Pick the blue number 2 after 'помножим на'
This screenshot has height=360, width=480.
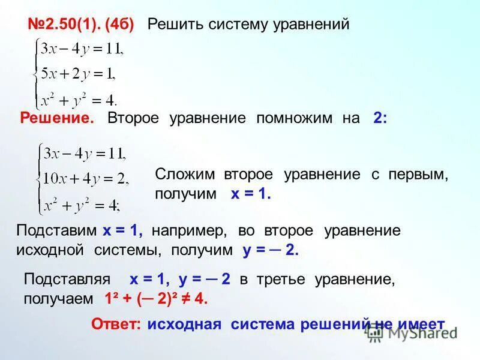380,118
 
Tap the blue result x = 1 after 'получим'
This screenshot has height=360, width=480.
251,194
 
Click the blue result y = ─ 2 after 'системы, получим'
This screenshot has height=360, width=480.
271,251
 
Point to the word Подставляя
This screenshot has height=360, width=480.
67,279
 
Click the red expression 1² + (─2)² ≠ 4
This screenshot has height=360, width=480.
156,299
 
